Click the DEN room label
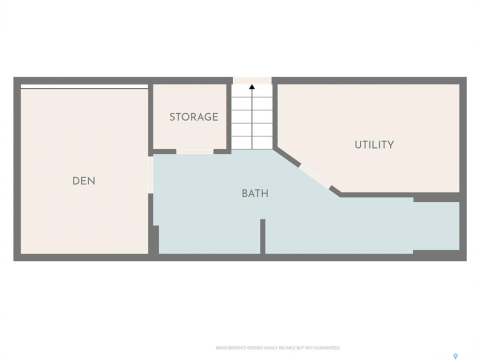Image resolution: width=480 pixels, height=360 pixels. pos(83,181)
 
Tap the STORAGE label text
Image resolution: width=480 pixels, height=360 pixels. pos(194,116)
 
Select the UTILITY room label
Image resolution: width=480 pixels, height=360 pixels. pos(374,144)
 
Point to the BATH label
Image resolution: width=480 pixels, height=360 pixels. pos(255,193)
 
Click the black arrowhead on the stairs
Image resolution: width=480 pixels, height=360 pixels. pos(252,87)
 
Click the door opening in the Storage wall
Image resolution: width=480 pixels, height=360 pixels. pos(194,151)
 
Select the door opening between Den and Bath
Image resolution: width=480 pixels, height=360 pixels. pos(150,175)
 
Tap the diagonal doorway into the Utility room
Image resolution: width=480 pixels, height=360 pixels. pos(315,176)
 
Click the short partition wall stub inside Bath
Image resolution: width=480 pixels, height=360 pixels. pos(262,236)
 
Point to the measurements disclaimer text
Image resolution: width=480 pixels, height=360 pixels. pos(278,348)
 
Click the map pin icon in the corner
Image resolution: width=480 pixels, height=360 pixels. pos(455,356)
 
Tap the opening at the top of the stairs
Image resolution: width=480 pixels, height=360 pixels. pos(252,80)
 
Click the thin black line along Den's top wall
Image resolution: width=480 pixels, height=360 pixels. pos(84,89)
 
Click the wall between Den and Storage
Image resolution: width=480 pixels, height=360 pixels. pos(150,120)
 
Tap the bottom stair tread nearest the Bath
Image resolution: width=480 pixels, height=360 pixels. pos(252,143)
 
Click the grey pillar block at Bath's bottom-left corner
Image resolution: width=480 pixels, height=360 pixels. pos(156,239)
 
